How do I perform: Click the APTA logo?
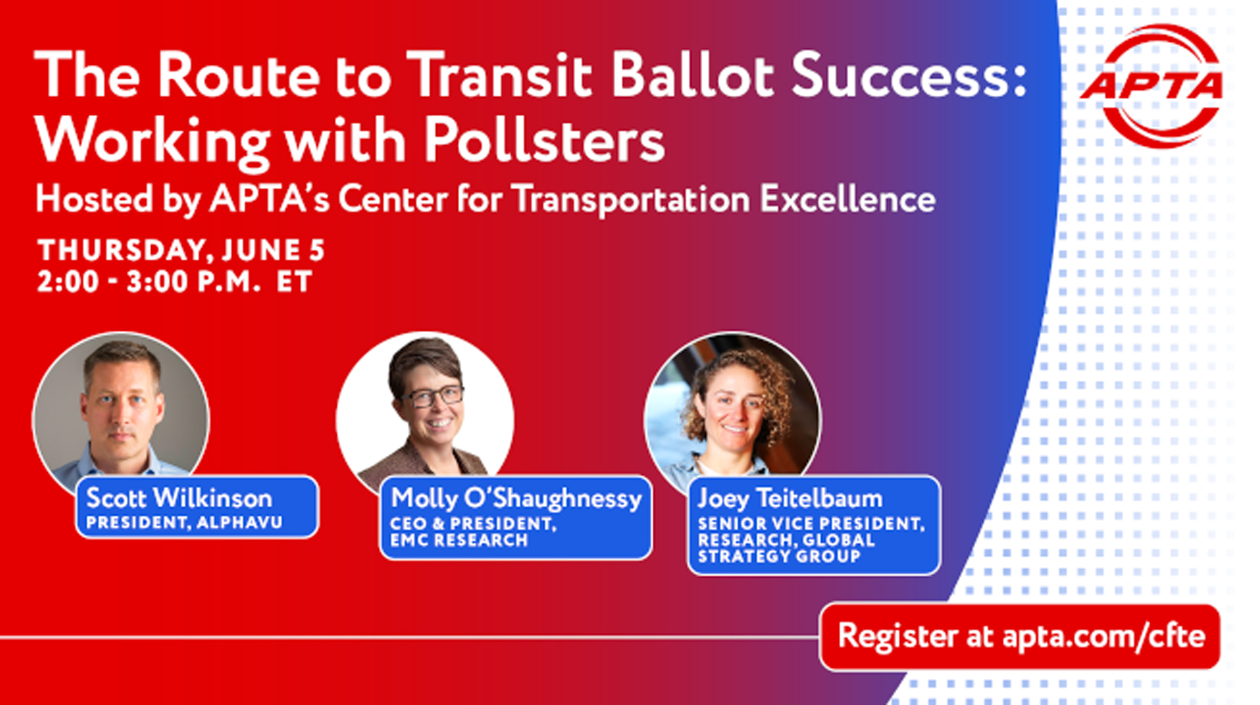pos(1152,86)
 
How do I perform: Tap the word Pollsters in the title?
pos(544,139)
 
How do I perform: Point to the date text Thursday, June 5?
pos(181,250)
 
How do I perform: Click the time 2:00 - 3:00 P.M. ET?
pos(174,282)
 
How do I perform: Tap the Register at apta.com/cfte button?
pos(1020,636)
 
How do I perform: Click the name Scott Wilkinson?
pos(179,498)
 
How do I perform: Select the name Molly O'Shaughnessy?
pos(516,499)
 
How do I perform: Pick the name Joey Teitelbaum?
pos(790,498)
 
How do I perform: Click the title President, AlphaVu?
pos(184,523)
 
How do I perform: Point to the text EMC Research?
pos(459,540)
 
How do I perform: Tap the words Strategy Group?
pos(779,557)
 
